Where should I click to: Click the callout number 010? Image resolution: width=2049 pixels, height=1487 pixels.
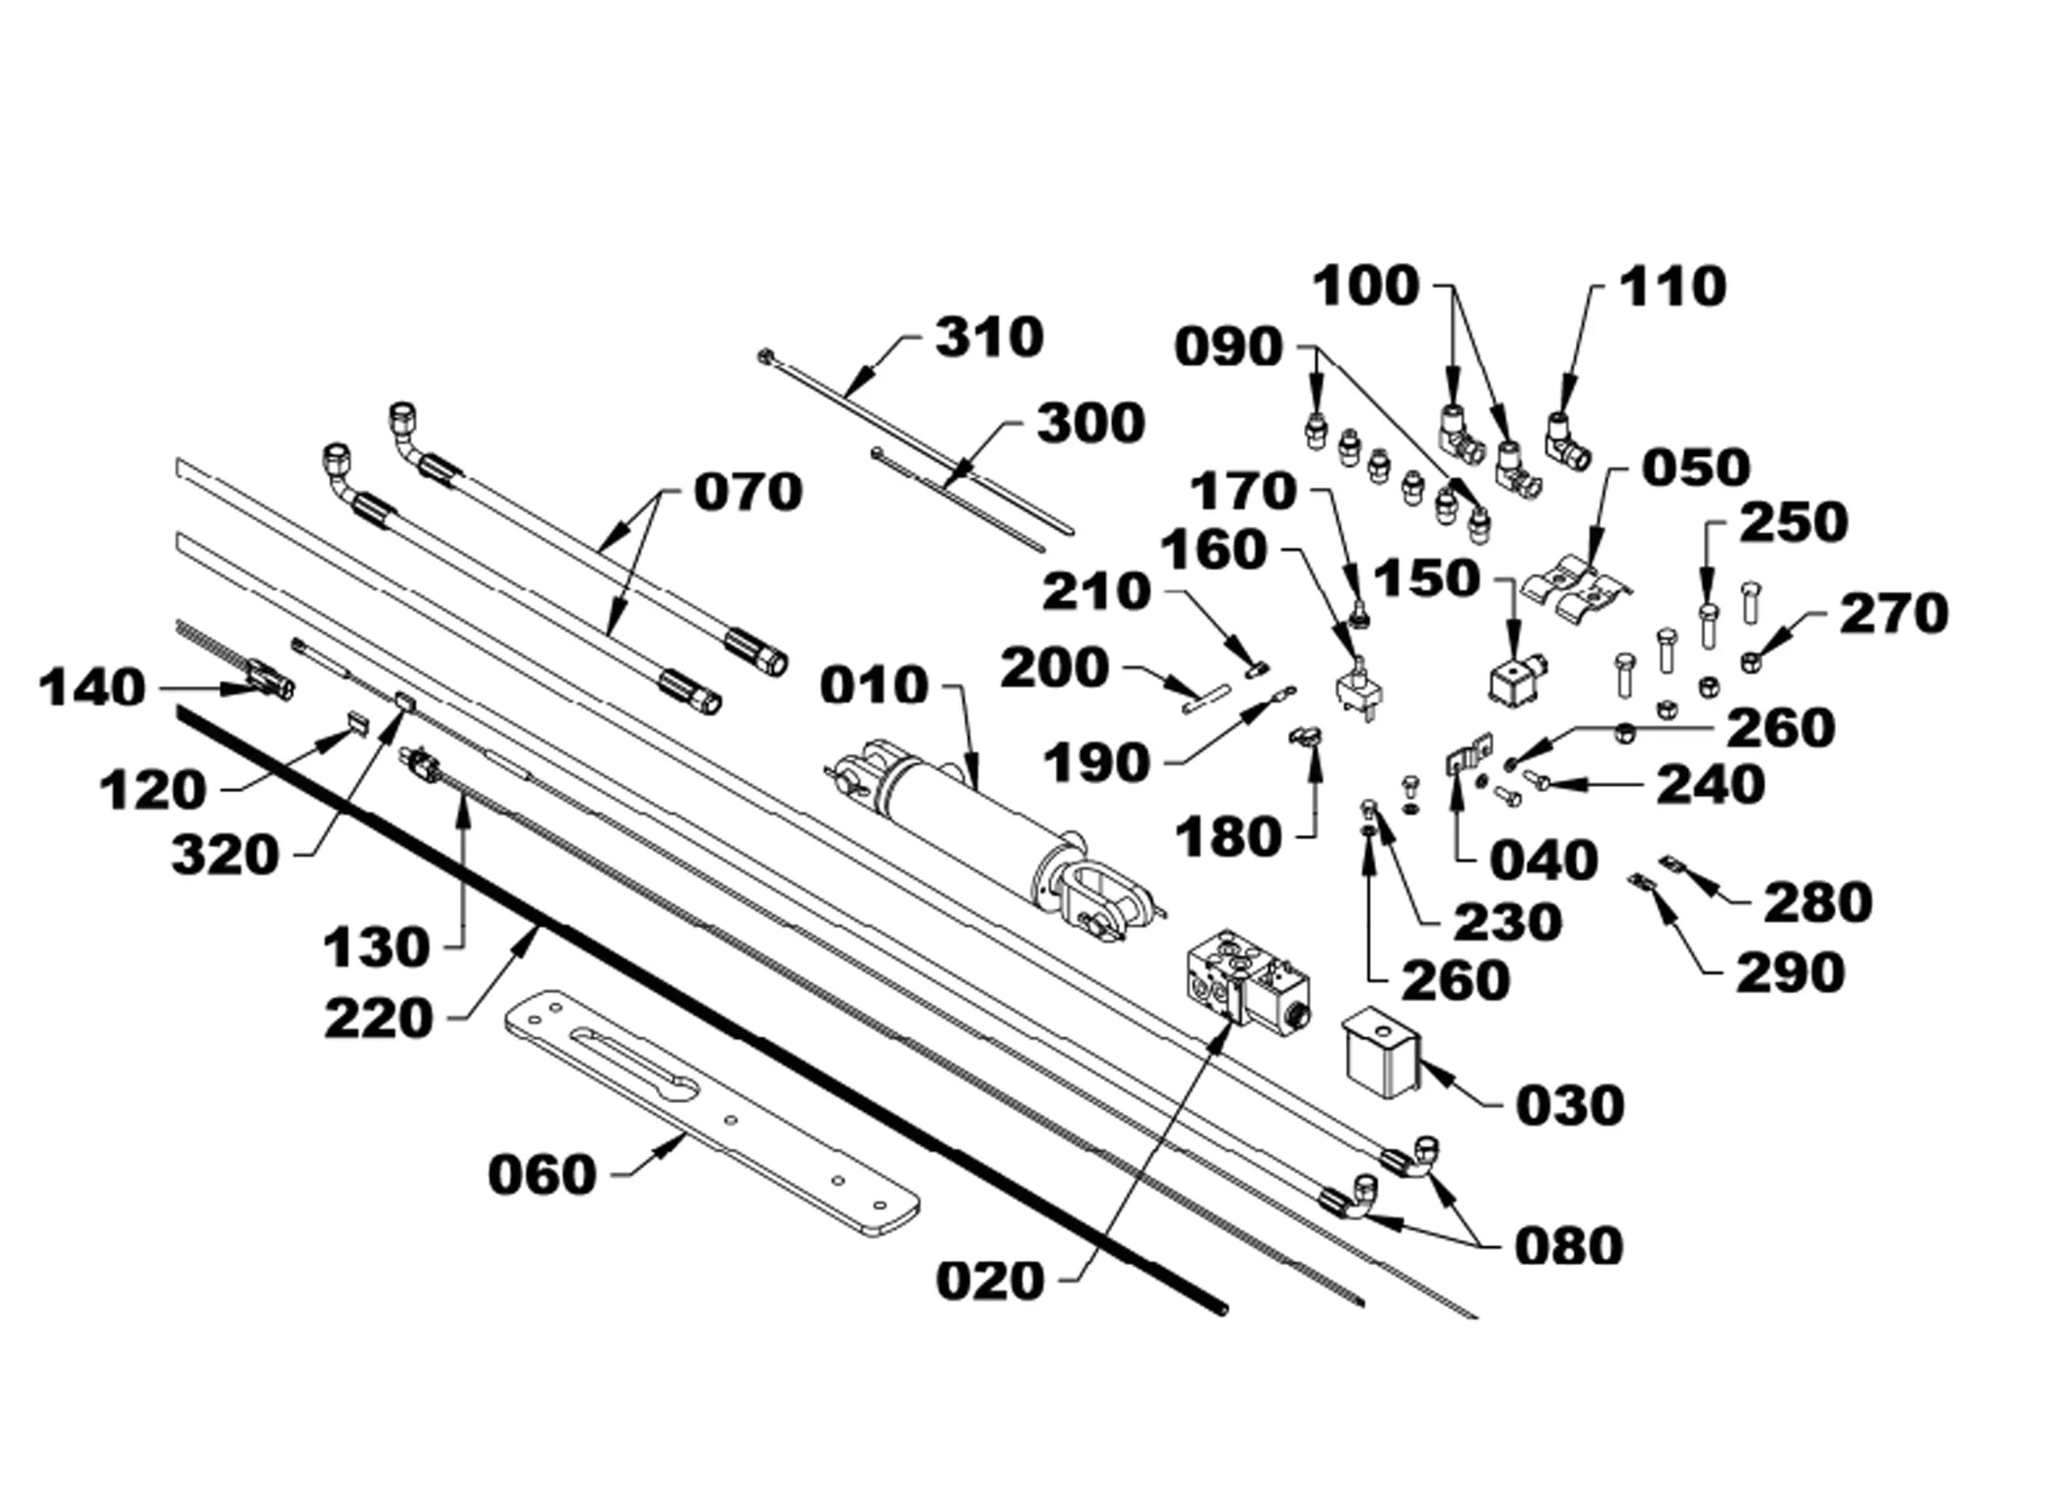873,686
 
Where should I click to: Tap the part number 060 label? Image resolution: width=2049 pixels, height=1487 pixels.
542,1175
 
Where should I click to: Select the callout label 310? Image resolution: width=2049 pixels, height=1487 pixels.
989,338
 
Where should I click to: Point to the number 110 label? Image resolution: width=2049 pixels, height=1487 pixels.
1672,287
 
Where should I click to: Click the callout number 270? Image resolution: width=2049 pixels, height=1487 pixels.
1895,615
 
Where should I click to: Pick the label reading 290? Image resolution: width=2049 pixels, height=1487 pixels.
1790,973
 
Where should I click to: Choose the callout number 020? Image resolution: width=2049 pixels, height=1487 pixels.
990,1281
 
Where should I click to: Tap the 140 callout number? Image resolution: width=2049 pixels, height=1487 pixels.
92,689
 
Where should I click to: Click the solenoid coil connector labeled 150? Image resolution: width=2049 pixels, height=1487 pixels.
1518,682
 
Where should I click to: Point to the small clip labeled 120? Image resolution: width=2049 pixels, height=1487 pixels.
358,721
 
